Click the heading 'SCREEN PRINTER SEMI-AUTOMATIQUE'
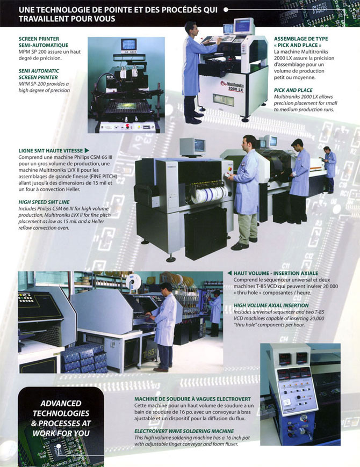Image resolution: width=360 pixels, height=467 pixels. pyautogui.click(x=43, y=42)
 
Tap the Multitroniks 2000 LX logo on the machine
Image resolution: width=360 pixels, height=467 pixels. pyautogui.click(x=232, y=86)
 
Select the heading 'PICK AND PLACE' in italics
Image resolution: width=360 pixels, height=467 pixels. pyautogui.click(x=293, y=90)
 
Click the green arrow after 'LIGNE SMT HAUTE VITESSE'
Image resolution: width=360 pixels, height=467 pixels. pyautogui.click(x=87, y=150)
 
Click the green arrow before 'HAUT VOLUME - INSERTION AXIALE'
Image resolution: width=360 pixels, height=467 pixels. pyautogui.click(x=229, y=273)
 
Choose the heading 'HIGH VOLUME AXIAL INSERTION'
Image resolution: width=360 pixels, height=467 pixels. pyautogui.click(x=271, y=305)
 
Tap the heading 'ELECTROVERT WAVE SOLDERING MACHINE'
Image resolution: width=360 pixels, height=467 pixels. pyautogui.click(x=184, y=431)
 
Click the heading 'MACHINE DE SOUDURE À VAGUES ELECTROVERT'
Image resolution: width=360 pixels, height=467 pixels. pyautogui.click(x=192, y=399)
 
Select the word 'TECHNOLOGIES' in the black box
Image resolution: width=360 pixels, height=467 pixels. pyautogui.click(x=61, y=413)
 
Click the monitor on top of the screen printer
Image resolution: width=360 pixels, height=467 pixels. pyautogui.click(x=129, y=45)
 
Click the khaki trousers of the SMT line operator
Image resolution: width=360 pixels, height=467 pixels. pyautogui.click(x=247, y=228)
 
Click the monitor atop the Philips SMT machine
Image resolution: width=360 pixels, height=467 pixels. pyautogui.click(x=192, y=146)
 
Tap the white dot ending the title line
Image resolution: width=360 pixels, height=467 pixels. pyautogui.click(x=226, y=10)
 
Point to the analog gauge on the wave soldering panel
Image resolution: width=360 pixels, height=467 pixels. pyautogui.click(x=288, y=403)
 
